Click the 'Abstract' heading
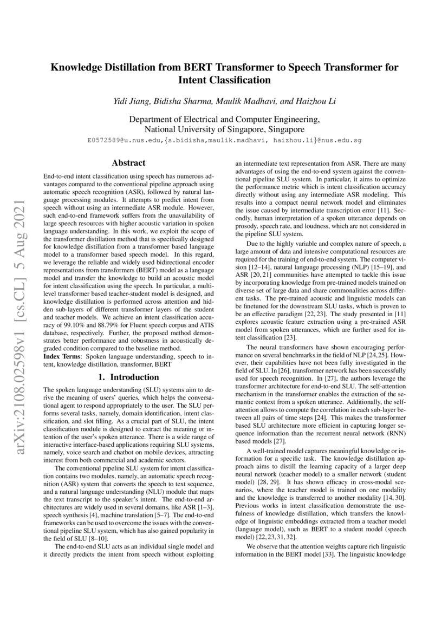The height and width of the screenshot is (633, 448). [128, 162]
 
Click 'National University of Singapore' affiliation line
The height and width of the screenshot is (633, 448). [224, 130]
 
